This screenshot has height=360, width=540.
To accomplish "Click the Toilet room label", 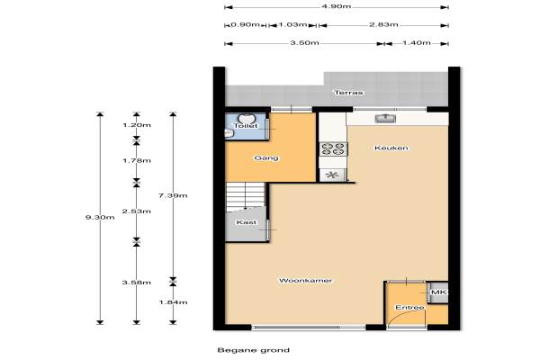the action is coord(246,126).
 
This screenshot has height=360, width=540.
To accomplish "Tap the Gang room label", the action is coord(266,158).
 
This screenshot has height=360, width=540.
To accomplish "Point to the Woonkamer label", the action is coord(305,281).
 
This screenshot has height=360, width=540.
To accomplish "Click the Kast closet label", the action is coord(247,222).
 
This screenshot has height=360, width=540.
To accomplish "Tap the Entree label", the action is coord(409,307).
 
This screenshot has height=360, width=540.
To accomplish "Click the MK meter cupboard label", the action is coord(439,292).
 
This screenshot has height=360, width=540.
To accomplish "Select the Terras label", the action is coord(349,93).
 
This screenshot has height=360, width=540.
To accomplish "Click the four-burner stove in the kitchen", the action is coord(333,148).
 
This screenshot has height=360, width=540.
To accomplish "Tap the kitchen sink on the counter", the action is coord(385,119).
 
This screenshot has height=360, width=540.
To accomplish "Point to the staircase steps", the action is coord(245,195).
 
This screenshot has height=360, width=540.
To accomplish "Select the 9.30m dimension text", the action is coord(100,218).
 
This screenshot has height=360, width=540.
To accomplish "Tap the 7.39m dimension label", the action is coord(173,195).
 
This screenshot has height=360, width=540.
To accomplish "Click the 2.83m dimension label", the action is coord(383,24).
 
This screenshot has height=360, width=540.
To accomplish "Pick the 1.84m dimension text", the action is coord(173,302).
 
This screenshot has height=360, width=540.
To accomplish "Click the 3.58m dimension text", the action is coord(137,283).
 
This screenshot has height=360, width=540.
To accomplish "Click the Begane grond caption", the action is coord(254,350).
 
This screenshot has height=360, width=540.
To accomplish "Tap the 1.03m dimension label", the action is coord(292,24).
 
